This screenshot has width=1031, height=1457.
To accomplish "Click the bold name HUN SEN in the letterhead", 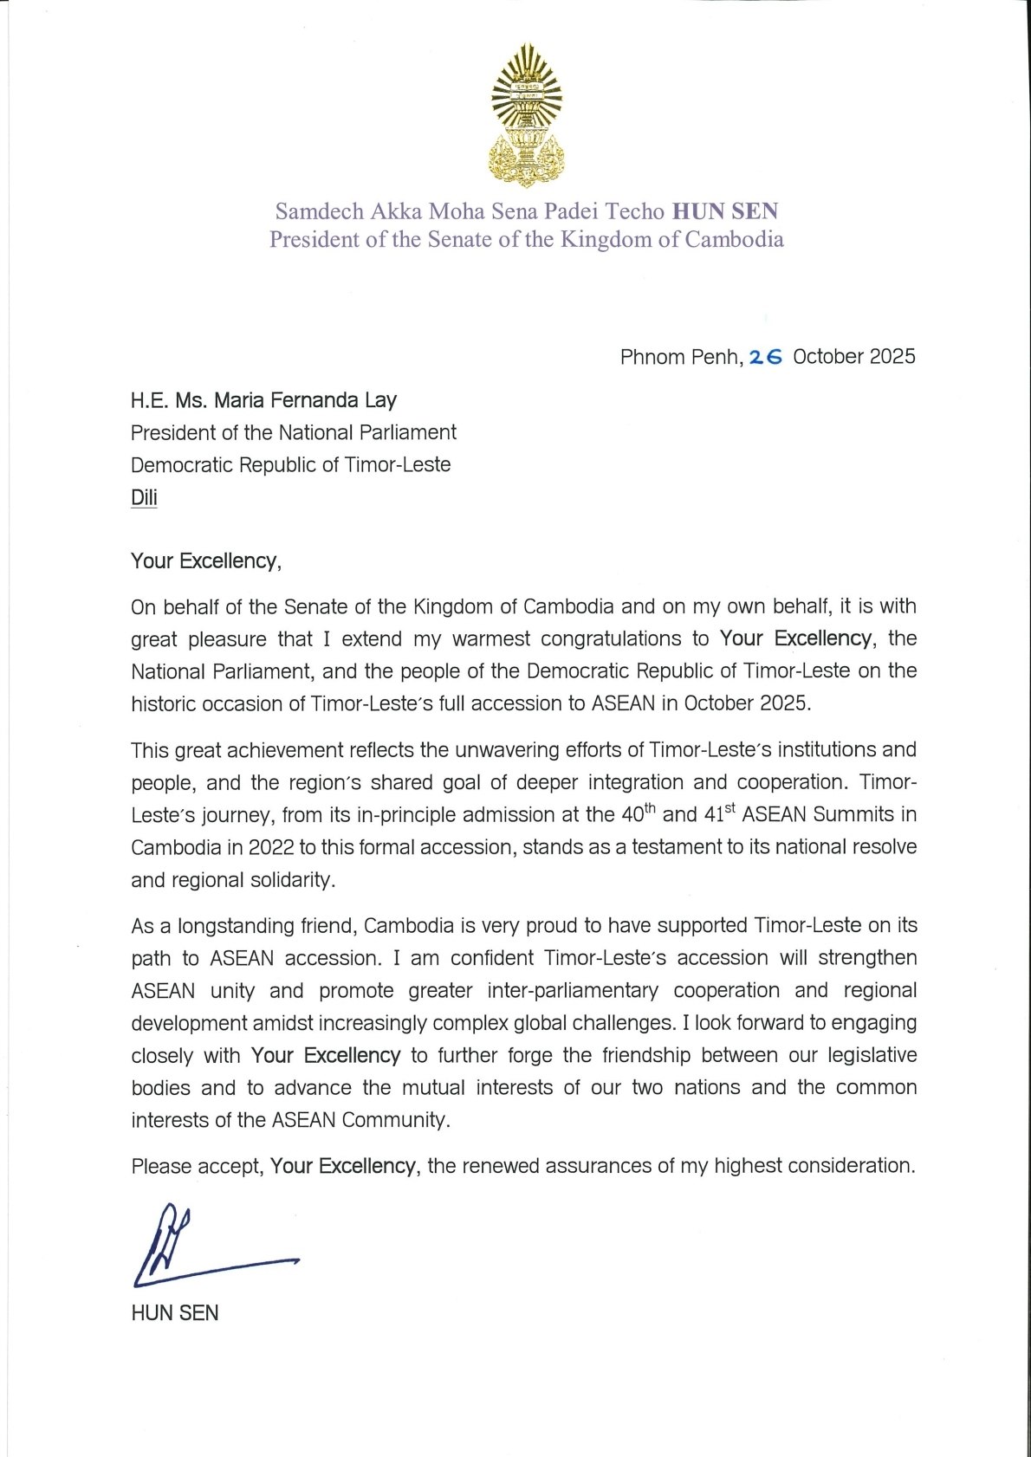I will click(x=725, y=211).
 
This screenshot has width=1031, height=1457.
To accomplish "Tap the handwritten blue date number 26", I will click(x=765, y=357).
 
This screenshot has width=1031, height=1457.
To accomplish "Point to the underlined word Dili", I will click(x=144, y=497).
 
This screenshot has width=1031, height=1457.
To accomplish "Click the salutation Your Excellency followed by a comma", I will click(x=205, y=561).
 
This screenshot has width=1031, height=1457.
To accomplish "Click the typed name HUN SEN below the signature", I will click(x=175, y=1313).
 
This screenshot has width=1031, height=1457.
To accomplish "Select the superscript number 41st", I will click(x=718, y=814).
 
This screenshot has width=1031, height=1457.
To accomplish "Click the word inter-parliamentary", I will click(x=573, y=990).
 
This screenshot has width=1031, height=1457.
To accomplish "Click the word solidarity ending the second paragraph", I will click(x=292, y=880).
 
